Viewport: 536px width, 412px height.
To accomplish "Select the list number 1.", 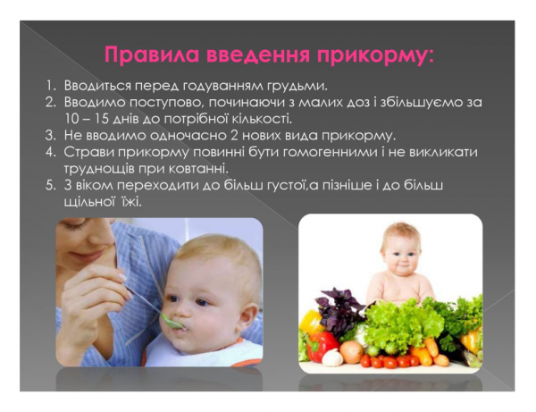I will click(x=52, y=86).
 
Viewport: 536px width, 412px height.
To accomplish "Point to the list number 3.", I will click(x=52, y=136).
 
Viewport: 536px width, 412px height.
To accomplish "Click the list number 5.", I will click(x=52, y=185).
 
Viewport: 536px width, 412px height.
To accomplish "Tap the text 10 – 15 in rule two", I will click(x=89, y=119).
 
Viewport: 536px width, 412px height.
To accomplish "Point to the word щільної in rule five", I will click(x=95, y=202).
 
